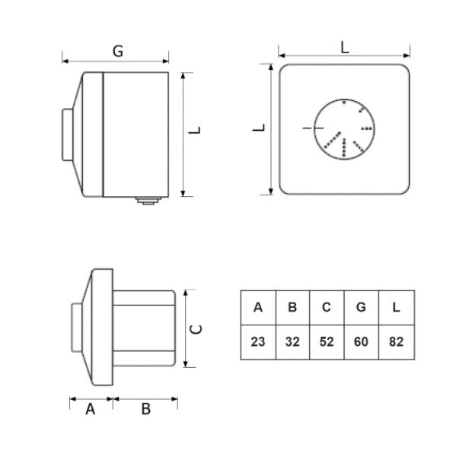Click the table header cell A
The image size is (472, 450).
tap(258, 307)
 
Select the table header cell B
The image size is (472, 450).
tap(292, 307)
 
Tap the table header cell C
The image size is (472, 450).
tap(327, 307)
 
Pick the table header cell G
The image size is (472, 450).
tap(361, 307)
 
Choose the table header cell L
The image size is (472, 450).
tap(396, 307)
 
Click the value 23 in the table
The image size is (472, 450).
tap(258, 342)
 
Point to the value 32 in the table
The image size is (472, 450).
tap(292, 342)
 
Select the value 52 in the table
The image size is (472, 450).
tap(327, 342)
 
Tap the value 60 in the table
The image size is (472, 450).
tap(361, 342)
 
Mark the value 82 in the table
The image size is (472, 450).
tap(396, 342)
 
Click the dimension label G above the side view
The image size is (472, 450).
tap(118, 51)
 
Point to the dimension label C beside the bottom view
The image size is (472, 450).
tap(196, 329)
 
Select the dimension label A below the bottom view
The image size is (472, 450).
tap(90, 409)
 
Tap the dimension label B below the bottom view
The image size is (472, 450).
tap(146, 409)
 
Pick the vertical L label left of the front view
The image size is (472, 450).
tap(260, 128)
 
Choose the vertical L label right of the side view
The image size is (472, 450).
tap(196, 130)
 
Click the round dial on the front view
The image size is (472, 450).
tap(343, 130)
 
